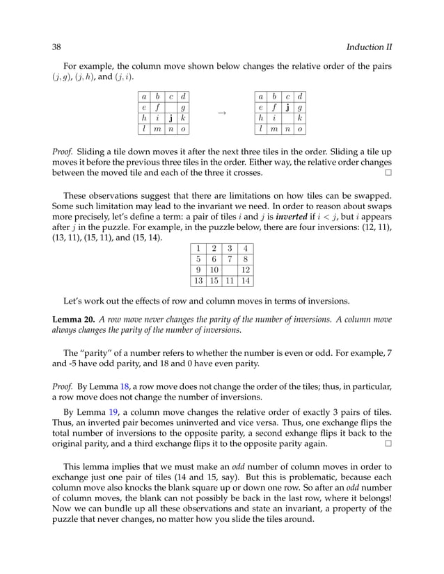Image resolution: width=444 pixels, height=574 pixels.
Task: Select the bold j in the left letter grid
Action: click(x=170, y=117)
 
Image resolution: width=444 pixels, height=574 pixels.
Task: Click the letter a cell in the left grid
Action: click(x=143, y=95)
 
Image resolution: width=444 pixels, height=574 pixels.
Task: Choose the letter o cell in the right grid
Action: click(x=299, y=129)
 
